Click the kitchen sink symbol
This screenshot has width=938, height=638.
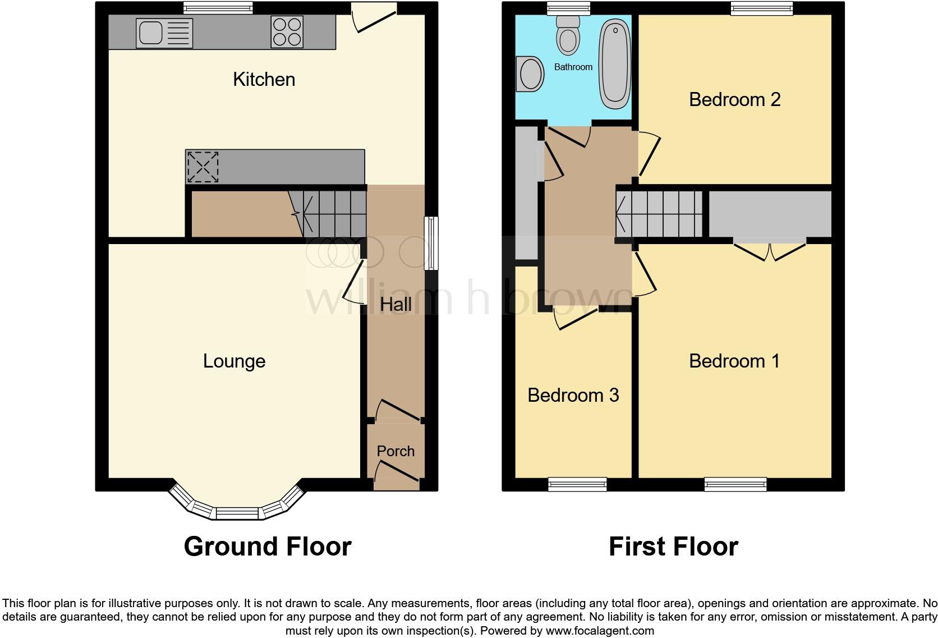[x=164, y=32]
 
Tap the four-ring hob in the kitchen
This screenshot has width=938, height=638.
[x=287, y=31]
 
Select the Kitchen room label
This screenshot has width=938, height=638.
[x=264, y=80]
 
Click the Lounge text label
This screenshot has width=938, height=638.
[x=234, y=361]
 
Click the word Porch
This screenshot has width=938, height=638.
[x=396, y=451]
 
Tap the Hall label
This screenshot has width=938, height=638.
[x=396, y=305]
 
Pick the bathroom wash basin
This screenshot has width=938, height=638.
[x=530, y=74]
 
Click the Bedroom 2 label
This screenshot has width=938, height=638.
[x=734, y=100]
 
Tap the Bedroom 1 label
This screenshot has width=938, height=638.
[x=734, y=361]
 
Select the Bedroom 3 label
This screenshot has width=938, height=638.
[x=573, y=396]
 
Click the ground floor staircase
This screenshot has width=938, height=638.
[x=331, y=214]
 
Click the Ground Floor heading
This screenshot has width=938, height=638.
[x=267, y=547]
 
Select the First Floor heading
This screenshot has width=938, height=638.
[x=673, y=547]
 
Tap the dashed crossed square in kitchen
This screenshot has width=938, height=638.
[x=203, y=167]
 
